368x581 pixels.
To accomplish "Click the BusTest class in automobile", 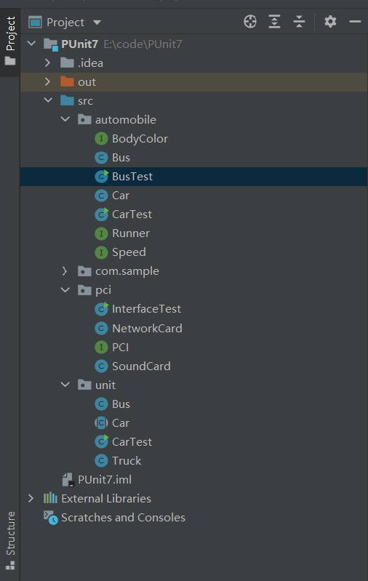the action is click(132, 177).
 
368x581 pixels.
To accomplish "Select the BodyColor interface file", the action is click(140, 139).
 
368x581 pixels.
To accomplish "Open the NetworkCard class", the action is click(147, 328).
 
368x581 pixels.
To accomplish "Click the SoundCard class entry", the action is click(141, 366).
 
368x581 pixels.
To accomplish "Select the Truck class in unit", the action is click(127, 460).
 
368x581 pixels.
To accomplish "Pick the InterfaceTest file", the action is click(146, 308).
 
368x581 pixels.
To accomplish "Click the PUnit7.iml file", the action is click(105, 479).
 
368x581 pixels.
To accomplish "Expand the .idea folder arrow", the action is click(47, 63).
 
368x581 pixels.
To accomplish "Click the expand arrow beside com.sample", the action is click(65, 271).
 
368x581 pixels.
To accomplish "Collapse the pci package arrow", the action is click(65, 289).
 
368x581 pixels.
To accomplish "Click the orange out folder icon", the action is click(67, 81).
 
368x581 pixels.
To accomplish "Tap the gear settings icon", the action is click(330, 22).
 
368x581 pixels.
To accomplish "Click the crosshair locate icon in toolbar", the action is click(250, 22).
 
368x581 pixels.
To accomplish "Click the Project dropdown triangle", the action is click(97, 23).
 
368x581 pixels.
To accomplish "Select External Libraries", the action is click(106, 498).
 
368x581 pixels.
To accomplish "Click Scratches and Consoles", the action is click(123, 517).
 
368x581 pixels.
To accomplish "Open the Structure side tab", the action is click(10, 534).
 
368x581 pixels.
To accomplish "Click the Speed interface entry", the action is click(129, 252).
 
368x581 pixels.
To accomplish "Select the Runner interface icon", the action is click(101, 233).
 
